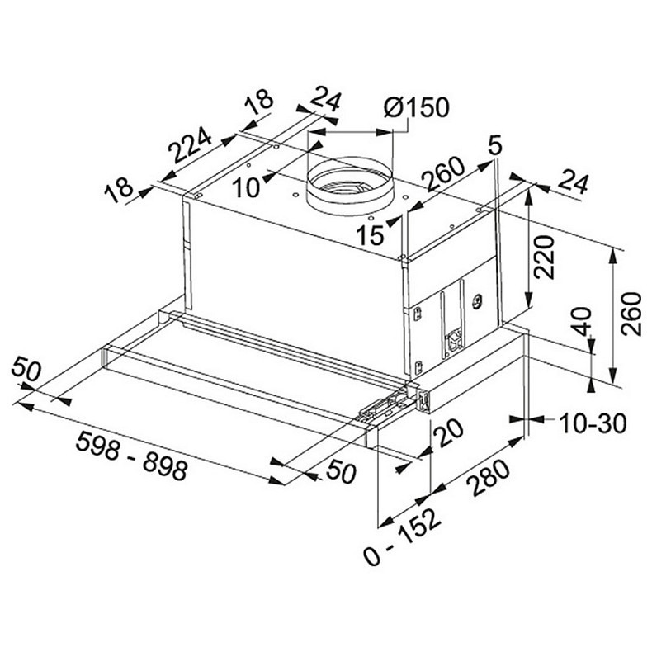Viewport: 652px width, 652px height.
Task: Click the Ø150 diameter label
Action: pyautogui.click(x=417, y=107)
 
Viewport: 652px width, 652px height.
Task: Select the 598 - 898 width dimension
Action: pyautogui.click(x=131, y=456)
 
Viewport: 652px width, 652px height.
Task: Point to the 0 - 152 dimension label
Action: pyautogui.click(x=402, y=536)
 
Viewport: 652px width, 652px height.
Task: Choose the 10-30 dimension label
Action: pyautogui.click(x=593, y=423)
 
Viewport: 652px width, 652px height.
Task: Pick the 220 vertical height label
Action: pyautogui.click(x=545, y=257)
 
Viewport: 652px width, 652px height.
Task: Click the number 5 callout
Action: pyautogui.click(x=495, y=145)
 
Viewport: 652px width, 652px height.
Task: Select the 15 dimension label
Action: pyautogui.click(x=370, y=236)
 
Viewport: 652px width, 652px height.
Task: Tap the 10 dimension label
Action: pyautogui.click(x=247, y=187)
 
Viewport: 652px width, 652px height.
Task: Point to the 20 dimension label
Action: pyautogui.click(x=448, y=433)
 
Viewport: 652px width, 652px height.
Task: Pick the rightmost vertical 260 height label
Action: pyautogui.click(x=631, y=314)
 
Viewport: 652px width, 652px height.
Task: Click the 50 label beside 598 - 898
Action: pyautogui.click(x=342, y=473)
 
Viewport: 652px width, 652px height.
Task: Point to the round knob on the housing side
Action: pyautogui.click(x=477, y=302)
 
